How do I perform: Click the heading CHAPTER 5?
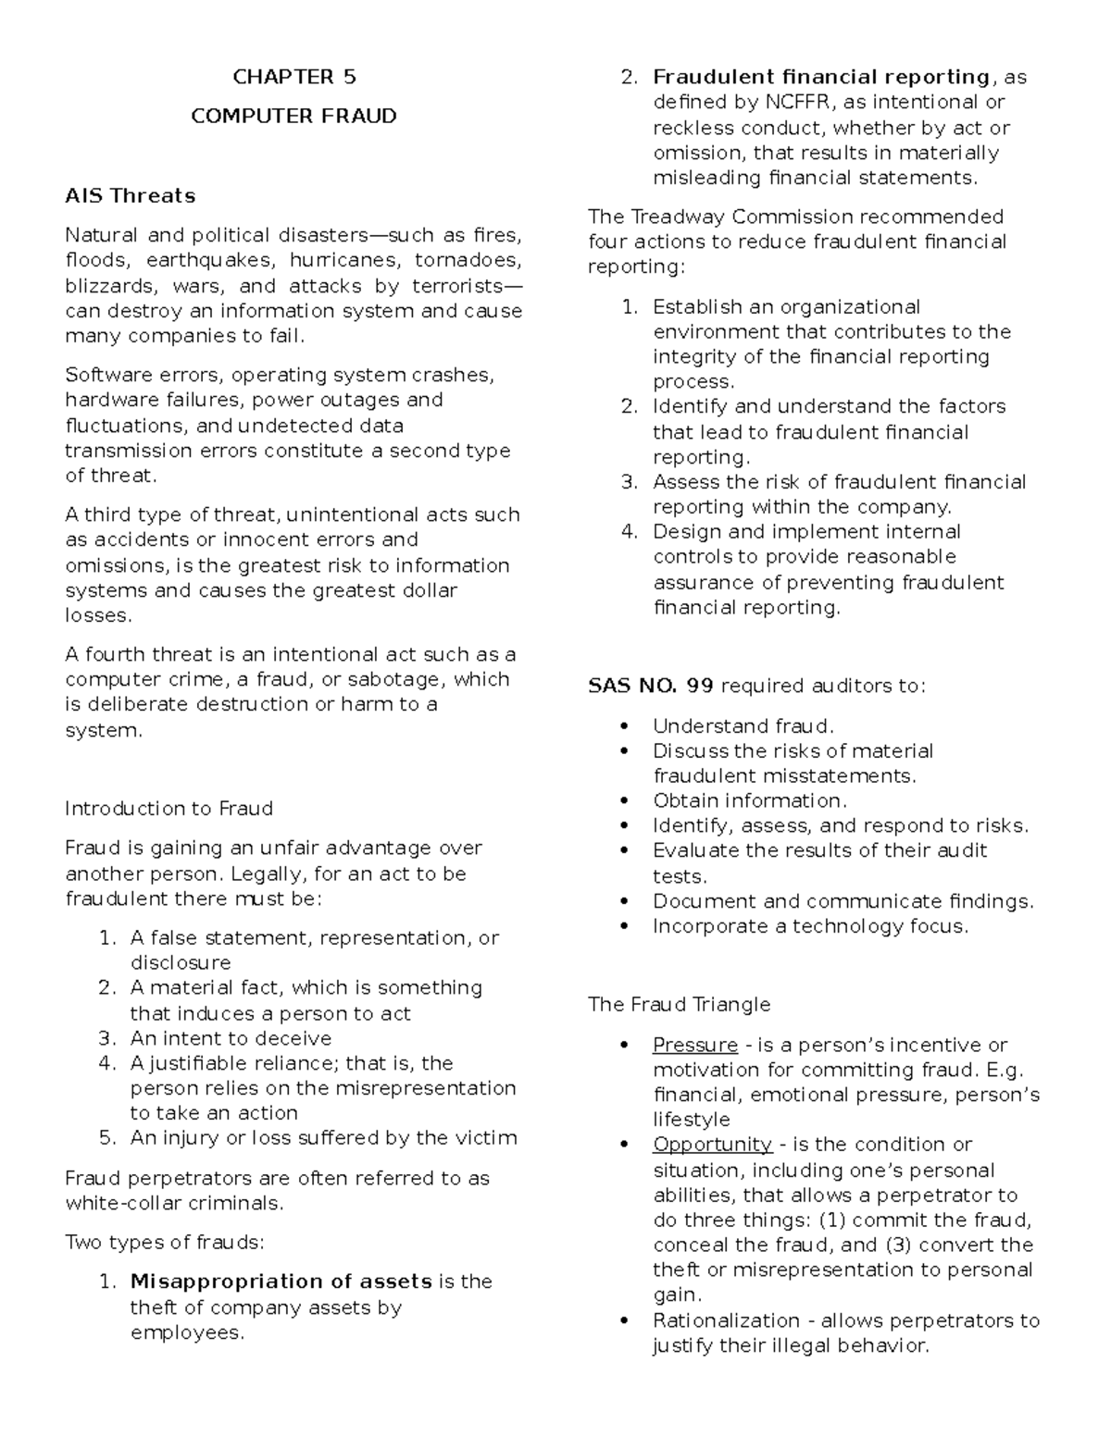(293, 77)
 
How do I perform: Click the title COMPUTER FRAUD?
(293, 117)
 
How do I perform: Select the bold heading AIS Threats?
(131, 196)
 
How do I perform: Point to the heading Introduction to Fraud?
(169, 809)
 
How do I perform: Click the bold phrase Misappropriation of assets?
(281, 1282)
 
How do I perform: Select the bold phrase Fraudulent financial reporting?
(820, 77)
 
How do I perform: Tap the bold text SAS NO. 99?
(650, 687)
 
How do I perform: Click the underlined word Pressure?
(694, 1046)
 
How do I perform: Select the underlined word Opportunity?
(712, 1145)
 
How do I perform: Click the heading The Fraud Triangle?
(679, 1005)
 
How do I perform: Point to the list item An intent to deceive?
(231, 1038)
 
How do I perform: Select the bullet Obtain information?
(749, 801)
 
